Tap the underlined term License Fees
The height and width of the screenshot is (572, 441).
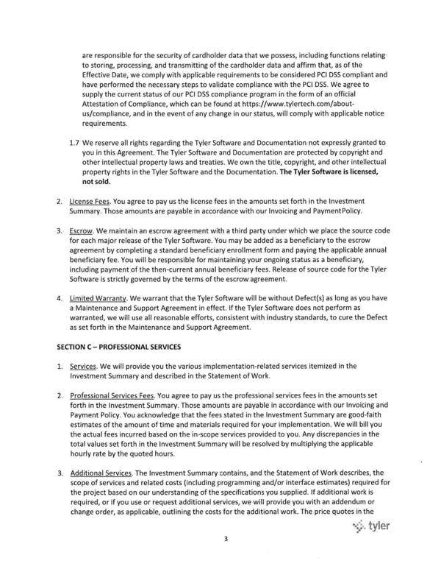coord(90,200)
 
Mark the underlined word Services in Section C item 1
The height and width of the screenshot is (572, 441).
coord(85,365)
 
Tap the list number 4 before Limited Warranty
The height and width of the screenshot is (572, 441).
coord(59,299)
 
